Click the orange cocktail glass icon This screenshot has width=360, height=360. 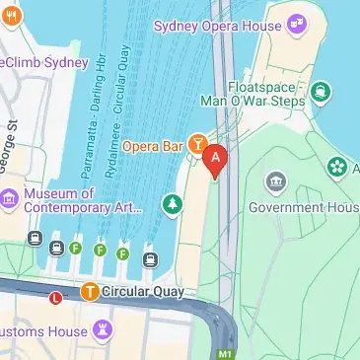point(197,146)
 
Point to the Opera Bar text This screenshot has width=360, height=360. point(154,146)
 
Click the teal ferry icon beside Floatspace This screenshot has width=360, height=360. point(321,92)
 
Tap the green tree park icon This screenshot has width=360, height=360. point(173,204)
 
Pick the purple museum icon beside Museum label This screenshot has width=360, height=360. point(10,197)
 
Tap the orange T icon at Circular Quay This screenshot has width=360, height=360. point(90,291)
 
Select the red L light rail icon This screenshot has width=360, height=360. point(55,295)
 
